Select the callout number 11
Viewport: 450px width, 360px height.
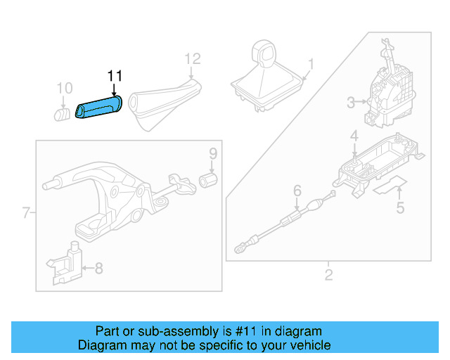115,75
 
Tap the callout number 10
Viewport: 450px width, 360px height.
64,88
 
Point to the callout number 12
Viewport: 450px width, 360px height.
192,58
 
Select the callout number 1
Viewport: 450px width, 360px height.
311,64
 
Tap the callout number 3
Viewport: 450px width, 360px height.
351,103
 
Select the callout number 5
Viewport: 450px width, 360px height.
400,207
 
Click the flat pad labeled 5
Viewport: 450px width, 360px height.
390,186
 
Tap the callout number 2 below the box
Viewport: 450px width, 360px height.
328,274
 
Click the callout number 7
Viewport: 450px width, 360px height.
25,212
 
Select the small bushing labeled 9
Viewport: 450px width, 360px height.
208,180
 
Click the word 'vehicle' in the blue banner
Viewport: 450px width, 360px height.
302,345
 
